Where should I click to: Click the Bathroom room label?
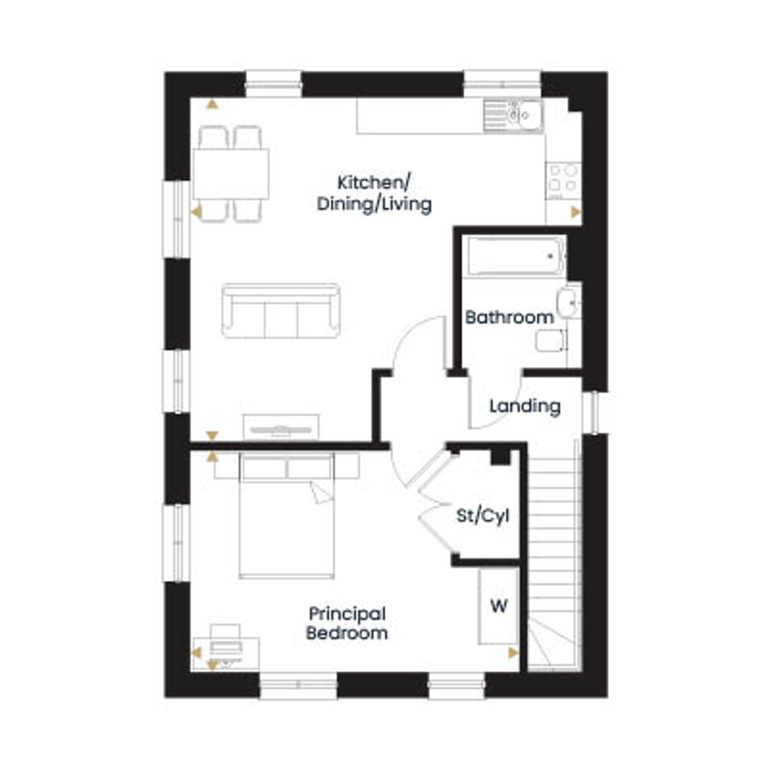(x=509, y=318)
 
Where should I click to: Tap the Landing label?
(x=525, y=406)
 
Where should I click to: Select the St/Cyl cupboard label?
(x=483, y=516)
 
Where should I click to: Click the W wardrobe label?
(x=499, y=606)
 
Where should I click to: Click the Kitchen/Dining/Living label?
(x=374, y=194)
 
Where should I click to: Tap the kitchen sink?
(x=513, y=116)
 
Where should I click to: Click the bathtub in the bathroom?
(x=517, y=256)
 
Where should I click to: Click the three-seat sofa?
(x=281, y=311)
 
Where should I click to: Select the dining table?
(x=231, y=174)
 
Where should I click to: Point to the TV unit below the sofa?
(x=281, y=427)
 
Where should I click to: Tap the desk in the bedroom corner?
(x=226, y=654)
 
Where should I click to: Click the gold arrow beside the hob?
(x=576, y=212)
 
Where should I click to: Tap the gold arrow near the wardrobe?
(x=513, y=654)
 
